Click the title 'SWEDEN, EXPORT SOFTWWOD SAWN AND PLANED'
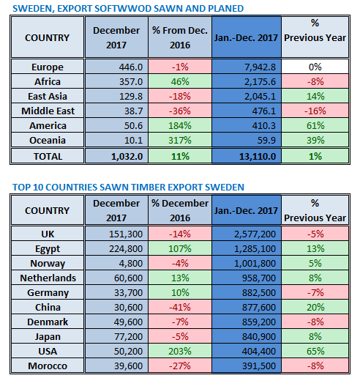tap(129, 8)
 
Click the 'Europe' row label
tap(47, 67)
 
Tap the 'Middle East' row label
tap(47, 111)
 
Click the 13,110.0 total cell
tap(247, 156)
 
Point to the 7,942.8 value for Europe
tap(247, 67)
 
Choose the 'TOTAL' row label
tap(47, 156)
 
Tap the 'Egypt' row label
tap(47, 249)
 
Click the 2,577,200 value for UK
tap(247, 234)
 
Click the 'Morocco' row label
tap(47, 366)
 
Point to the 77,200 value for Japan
tap(117, 337)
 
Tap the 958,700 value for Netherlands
tap(247, 278)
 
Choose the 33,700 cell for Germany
tap(117, 293)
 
